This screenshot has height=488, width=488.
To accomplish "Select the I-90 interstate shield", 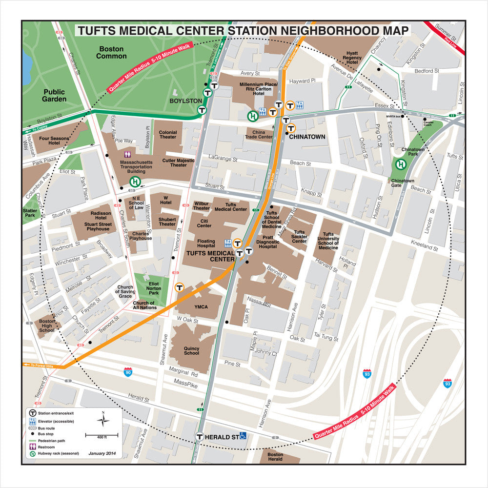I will point(128,372).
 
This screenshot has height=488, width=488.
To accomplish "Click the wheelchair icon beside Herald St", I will point(243,436).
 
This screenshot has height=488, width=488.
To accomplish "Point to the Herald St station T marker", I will point(200,437).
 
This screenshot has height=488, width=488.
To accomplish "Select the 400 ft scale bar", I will point(102,434).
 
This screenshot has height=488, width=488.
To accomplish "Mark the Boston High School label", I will point(47,325).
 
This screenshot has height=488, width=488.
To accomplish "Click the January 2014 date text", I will point(102,453).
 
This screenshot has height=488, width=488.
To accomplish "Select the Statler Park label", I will point(30,213).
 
